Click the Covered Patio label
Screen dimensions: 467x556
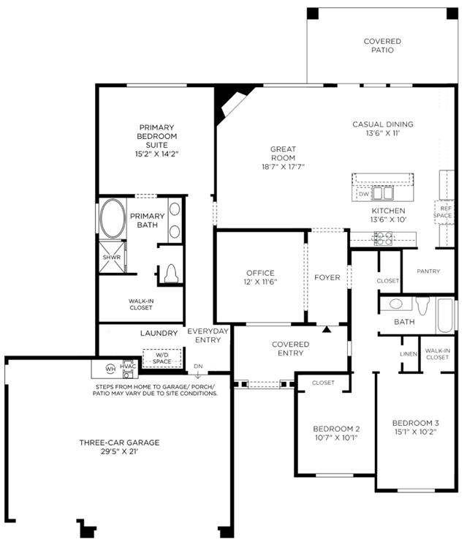pos(382,45)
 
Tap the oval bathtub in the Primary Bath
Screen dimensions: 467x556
pos(113,219)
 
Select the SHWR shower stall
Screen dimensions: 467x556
pos(112,257)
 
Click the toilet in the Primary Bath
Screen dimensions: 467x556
pos(171,273)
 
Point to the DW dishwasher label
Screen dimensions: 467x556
pos(363,194)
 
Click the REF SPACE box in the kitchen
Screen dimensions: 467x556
pos(444,212)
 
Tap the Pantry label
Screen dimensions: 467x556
pos(428,271)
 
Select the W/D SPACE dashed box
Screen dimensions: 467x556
pos(162,358)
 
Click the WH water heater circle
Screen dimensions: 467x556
pos(110,369)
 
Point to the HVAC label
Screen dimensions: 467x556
pos(128,367)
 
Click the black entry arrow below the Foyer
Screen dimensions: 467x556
pos(327,329)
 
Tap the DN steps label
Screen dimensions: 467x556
pos(198,366)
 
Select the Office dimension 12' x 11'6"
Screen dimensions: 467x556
pos(260,282)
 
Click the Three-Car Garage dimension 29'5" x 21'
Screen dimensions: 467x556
pos(119,451)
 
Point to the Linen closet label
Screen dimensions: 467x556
pos(409,354)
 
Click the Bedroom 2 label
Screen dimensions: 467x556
pos(336,429)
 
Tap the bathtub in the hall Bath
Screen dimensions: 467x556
pos(445,315)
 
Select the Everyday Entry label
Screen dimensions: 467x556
pos(208,336)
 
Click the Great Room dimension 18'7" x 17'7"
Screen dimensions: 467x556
pos(283,167)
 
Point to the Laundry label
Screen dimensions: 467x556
pos(159,334)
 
